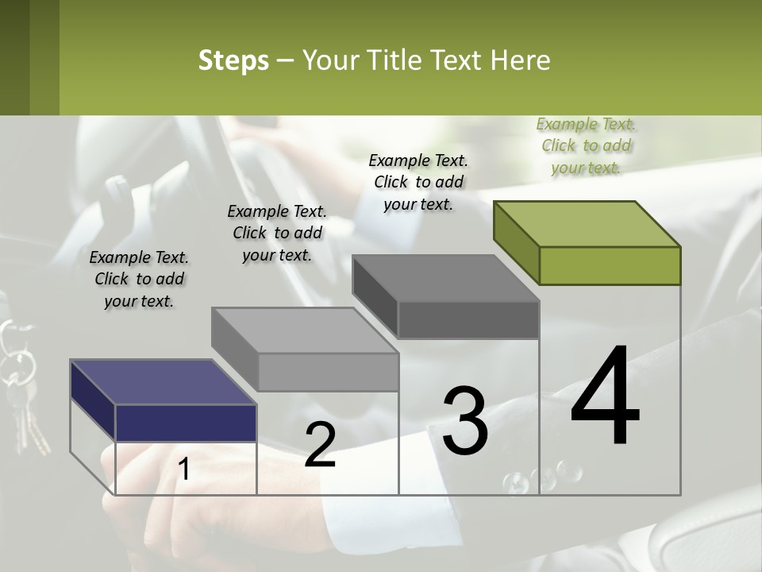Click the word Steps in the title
coord(233,60)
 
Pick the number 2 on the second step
coord(320,445)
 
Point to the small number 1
coord(184,470)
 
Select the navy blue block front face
coord(186,423)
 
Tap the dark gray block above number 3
coord(468,319)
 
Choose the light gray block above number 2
coord(328,372)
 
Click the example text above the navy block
coord(139,279)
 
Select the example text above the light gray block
coord(277,233)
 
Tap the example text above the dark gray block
coord(418,182)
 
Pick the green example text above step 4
coord(586,145)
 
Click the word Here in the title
coord(520,60)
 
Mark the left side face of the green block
coord(516,242)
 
